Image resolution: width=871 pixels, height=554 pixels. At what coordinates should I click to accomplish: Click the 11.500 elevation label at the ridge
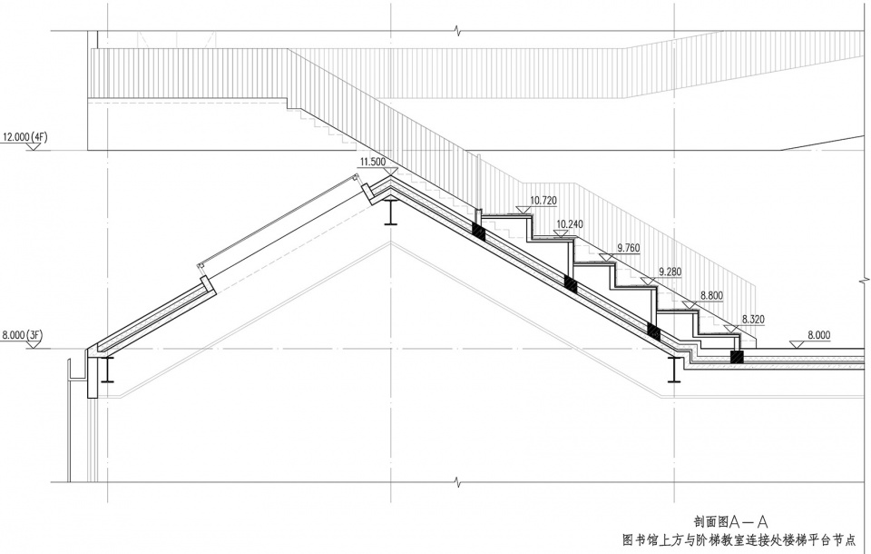373,162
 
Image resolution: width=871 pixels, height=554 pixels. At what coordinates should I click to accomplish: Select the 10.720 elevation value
543,200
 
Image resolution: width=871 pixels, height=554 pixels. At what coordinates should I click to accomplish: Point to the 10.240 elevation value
570,223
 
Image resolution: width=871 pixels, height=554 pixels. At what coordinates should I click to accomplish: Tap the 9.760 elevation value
630,247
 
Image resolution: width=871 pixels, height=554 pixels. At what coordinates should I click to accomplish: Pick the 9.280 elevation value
670,272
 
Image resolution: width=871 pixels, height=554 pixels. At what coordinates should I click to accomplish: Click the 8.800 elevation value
711,296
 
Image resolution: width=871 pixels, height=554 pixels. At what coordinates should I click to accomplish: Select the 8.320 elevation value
754,320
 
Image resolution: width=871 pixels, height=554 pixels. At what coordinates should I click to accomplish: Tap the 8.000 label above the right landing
817,335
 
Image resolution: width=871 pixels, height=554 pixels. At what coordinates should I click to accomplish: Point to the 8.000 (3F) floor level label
23,335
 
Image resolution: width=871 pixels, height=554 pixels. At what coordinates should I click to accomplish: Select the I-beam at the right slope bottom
673,371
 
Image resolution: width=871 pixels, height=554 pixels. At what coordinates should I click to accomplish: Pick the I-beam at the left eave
106,369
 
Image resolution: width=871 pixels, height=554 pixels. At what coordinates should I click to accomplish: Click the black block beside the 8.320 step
737,357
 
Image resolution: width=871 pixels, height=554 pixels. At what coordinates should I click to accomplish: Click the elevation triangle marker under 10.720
523,210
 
